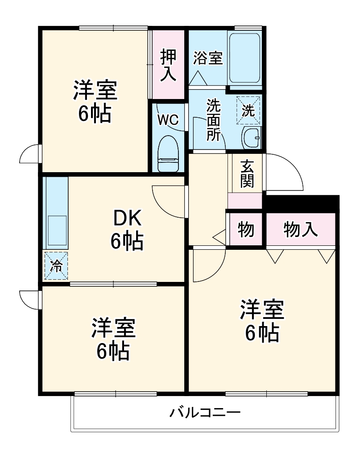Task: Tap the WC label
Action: (168, 120)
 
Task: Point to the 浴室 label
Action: (208, 58)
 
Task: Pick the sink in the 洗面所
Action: (251, 139)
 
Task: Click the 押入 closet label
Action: (168, 65)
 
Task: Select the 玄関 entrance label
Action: (245, 174)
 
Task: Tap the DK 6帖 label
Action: (127, 230)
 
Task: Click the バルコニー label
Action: (205, 412)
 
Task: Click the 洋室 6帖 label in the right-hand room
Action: (262, 321)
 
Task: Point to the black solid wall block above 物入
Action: (302, 203)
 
